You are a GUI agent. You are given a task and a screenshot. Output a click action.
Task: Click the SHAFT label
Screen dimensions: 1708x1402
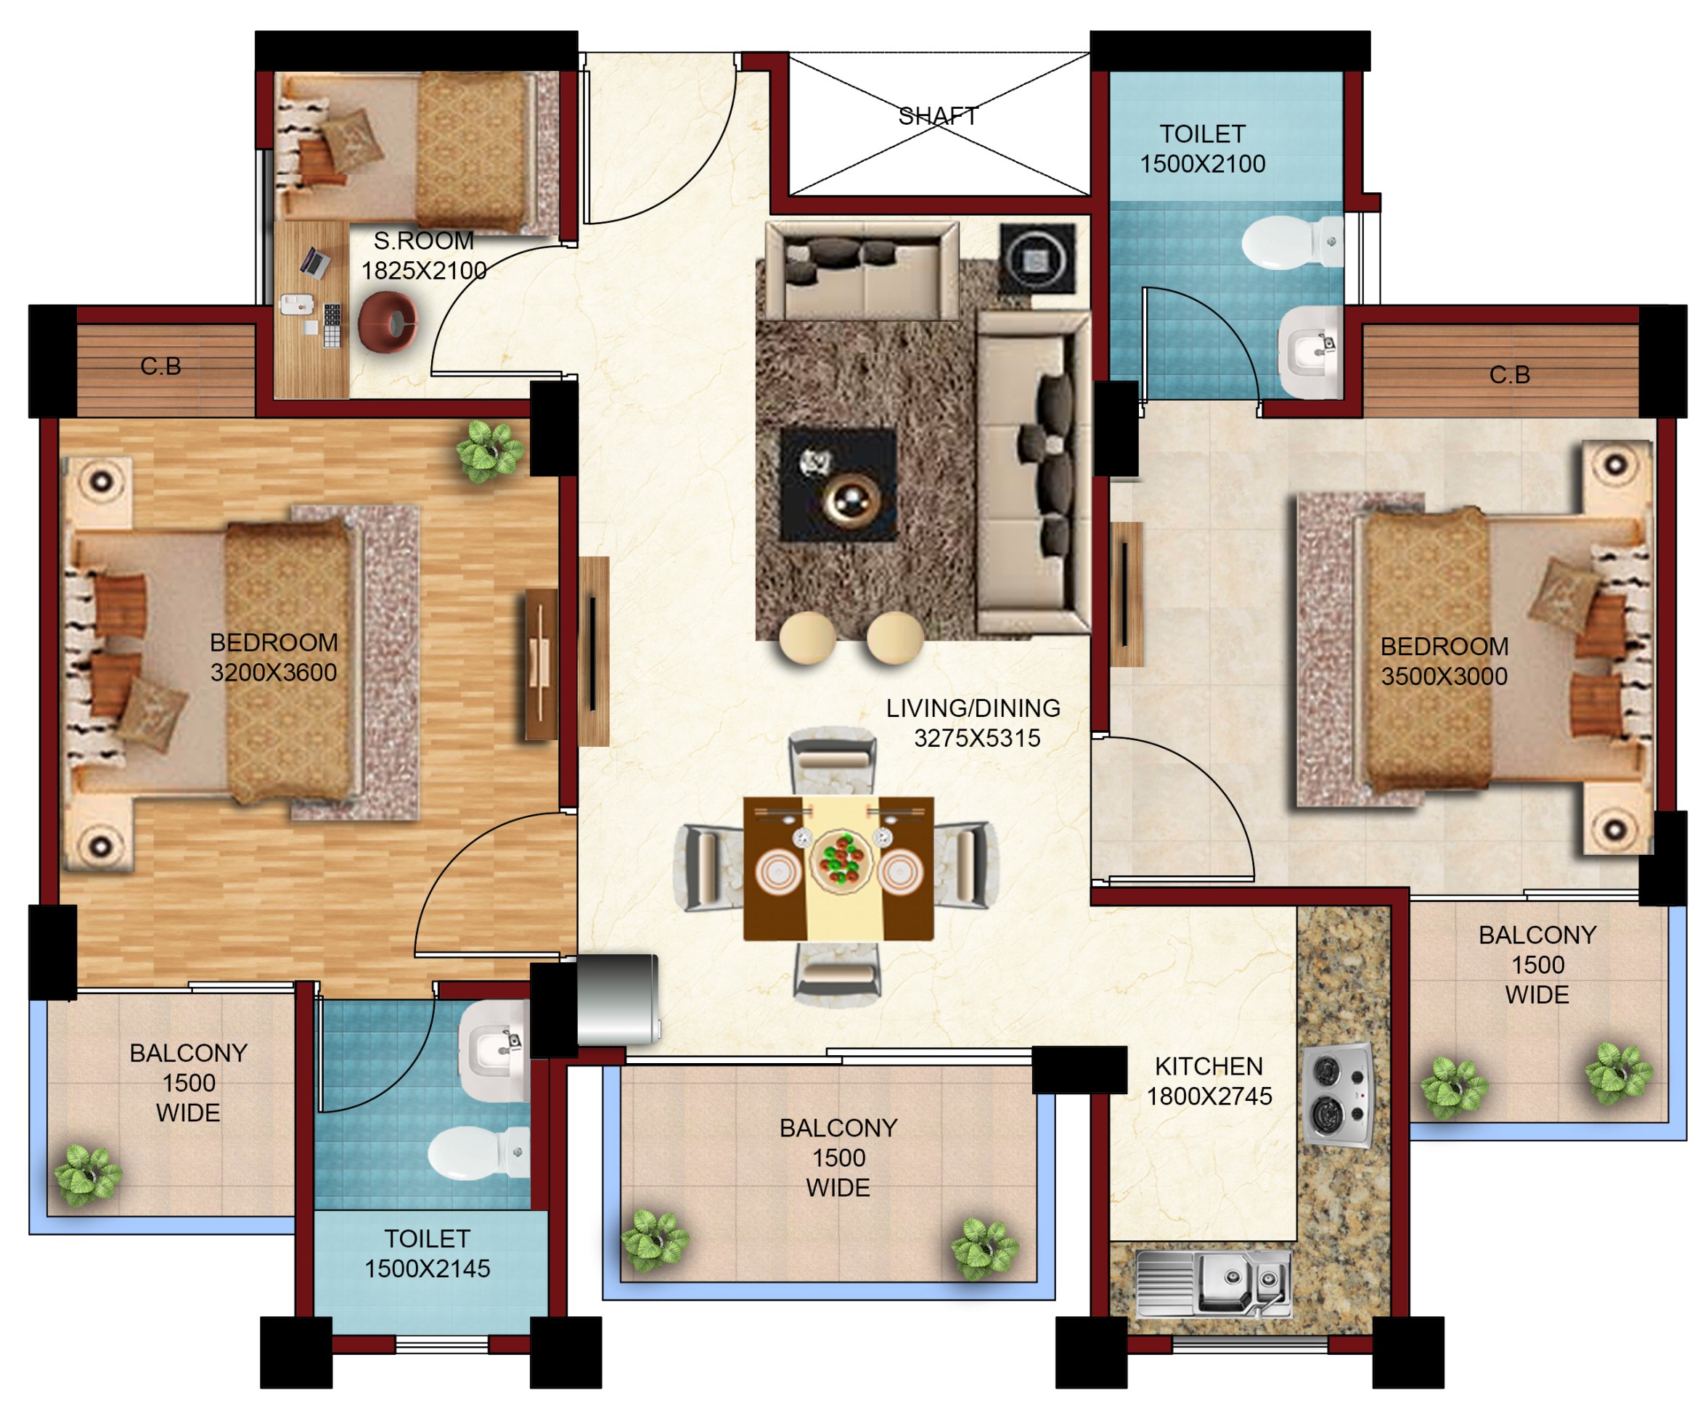coord(937,116)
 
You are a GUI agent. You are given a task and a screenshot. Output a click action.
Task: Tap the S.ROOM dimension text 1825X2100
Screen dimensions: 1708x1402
coord(423,271)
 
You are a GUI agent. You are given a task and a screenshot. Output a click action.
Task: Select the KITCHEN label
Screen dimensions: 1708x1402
coord(1208,1066)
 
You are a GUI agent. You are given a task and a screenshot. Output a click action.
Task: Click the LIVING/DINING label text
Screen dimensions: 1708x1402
coord(973,708)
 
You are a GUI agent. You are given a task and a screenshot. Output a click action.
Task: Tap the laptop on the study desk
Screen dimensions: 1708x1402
coord(315,262)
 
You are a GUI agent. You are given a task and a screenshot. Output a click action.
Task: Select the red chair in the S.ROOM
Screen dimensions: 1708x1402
coord(388,323)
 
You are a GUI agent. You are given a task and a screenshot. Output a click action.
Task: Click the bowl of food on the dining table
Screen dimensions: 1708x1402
coord(842,861)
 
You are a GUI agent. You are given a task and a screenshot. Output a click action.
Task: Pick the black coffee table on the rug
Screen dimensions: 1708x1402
coord(838,485)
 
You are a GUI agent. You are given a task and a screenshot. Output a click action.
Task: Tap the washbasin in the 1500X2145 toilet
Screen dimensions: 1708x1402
coord(494,1049)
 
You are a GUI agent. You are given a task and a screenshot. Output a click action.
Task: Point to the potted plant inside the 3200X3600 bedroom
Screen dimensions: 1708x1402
coord(489,452)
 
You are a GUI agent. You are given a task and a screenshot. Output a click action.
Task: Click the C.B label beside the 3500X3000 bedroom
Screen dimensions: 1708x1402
coord(1508,374)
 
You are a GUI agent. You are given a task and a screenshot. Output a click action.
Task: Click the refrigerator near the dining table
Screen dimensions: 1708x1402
coord(617,1000)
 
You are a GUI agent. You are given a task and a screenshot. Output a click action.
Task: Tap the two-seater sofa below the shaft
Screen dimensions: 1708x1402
coord(862,271)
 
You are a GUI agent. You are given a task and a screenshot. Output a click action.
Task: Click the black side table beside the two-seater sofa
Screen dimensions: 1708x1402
coord(1037,258)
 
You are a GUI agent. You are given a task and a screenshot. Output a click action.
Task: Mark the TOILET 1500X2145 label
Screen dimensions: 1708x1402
coord(427,1253)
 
